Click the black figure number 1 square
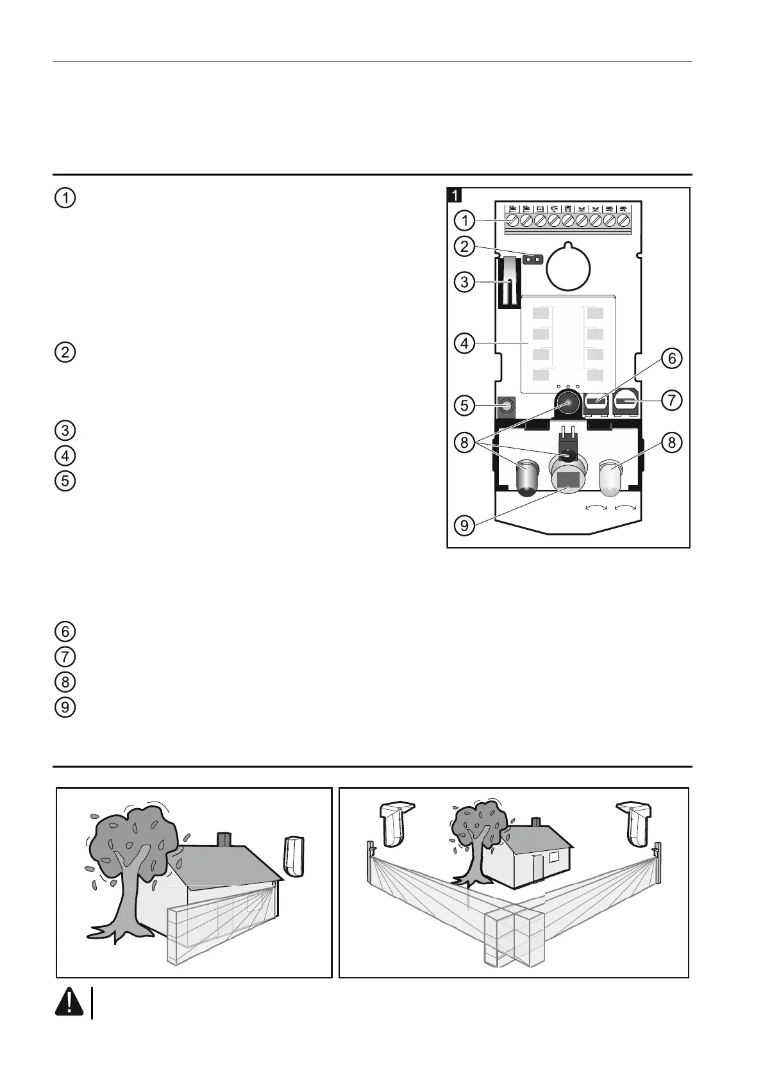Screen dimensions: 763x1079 click(x=455, y=194)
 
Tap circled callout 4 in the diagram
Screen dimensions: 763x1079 click(x=464, y=343)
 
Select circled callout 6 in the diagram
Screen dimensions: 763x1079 click(x=672, y=358)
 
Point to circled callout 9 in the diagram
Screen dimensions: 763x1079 click(x=464, y=525)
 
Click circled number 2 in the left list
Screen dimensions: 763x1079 click(x=65, y=352)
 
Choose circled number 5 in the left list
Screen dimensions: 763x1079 click(x=65, y=481)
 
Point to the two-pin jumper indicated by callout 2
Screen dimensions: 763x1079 click(x=531, y=260)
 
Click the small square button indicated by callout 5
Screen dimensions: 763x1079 click(x=507, y=406)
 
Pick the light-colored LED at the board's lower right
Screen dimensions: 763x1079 click(x=610, y=478)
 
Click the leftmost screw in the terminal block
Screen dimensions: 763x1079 click(x=512, y=221)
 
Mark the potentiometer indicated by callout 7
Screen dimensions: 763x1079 click(x=625, y=403)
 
